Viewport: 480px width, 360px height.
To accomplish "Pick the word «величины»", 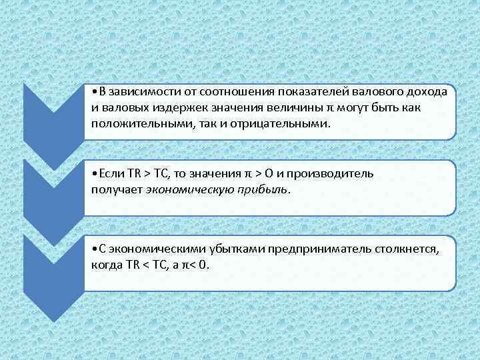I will click(300, 109).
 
